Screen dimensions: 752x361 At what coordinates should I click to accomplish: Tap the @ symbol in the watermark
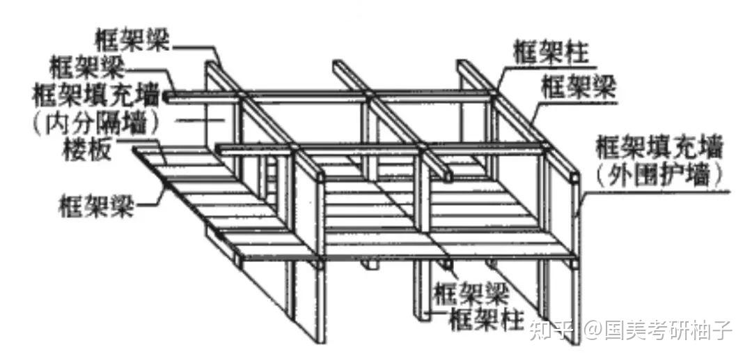point(592,330)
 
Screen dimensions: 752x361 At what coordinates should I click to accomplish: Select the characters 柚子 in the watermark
point(713,329)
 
